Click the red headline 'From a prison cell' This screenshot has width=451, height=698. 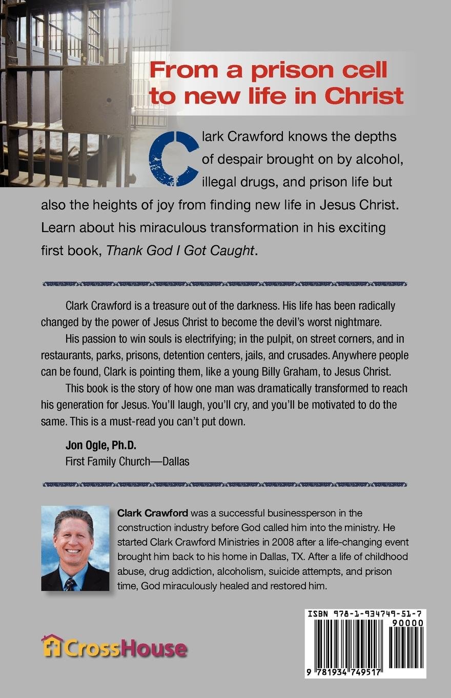pos(268,70)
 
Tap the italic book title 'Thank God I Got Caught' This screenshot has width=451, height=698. pos(179,250)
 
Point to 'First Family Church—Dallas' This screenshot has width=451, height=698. pos(127,461)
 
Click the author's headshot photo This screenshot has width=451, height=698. pos(75,548)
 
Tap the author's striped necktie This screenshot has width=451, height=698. pos(70,584)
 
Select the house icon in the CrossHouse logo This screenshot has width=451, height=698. pos(51,646)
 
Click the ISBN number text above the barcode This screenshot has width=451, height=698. pos(365,613)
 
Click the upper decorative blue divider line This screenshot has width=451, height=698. pos(225,283)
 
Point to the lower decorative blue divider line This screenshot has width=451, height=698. pos(225,484)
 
